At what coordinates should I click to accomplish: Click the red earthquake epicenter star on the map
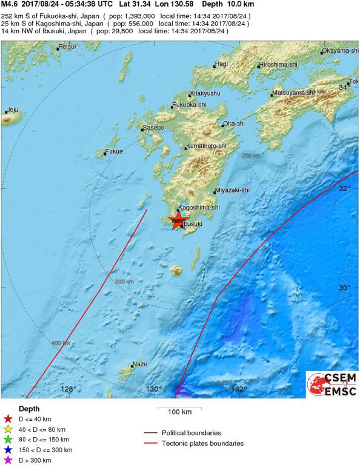[179, 220]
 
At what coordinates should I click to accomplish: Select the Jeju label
[13, 110]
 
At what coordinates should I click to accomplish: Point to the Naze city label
[140, 364]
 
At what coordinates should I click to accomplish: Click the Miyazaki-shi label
[233, 190]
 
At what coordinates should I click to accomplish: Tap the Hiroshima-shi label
[278, 64]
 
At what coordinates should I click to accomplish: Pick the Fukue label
[114, 151]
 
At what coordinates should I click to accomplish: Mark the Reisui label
[67, 47]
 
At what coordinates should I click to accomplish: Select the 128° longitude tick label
[68, 389]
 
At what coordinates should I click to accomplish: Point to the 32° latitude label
[344, 188]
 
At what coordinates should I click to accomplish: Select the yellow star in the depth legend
[8, 429]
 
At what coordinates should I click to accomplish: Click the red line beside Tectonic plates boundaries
[156, 443]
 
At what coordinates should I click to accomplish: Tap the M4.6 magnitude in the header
[10, 4]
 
